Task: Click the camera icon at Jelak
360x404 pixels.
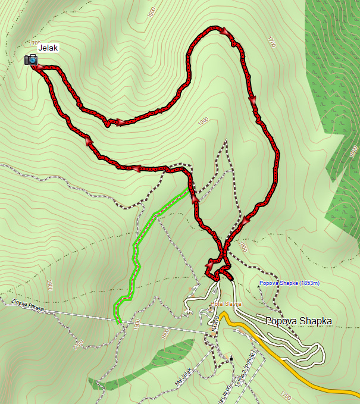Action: (31, 59)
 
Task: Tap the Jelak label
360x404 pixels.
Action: (48, 48)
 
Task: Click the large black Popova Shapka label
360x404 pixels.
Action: (298, 321)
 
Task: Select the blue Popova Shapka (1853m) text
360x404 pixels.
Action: (290, 283)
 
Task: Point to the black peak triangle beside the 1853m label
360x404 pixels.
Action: (258, 285)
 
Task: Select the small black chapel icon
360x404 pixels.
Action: (231, 358)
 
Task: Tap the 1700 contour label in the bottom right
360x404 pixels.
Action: (286, 395)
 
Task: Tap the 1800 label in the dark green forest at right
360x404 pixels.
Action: (352, 150)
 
